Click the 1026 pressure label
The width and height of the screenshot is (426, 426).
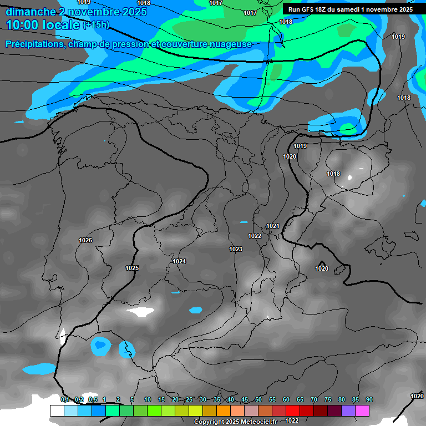pyautogui.click(x=85, y=240)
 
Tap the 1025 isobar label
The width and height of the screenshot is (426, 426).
pyautogui.click(x=132, y=268)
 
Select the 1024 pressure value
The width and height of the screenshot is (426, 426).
pyautogui.click(x=179, y=261)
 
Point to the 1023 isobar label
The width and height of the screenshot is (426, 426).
pyautogui.click(x=236, y=249)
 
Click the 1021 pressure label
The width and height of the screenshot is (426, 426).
pyautogui.click(x=272, y=226)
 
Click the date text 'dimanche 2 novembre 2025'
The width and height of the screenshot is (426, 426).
pyautogui.click(x=76, y=11)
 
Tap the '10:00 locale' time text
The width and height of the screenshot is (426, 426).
pyautogui.click(x=43, y=24)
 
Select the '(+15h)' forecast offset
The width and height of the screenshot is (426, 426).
pyautogui.click(x=96, y=25)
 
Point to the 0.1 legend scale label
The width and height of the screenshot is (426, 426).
pyautogui.click(x=65, y=399)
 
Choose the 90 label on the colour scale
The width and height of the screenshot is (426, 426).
pyautogui.click(x=369, y=399)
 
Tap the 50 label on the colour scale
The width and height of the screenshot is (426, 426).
pyautogui.click(x=258, y=399)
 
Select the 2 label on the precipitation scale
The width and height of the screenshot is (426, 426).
pyautogui.click(x=119, y=399)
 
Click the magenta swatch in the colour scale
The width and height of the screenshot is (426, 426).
pyautogui.click(x=362, y=410)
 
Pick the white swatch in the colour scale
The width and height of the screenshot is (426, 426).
pyautogui.click(x=57, y=410)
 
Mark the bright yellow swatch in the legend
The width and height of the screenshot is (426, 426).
pyautogui.click(x=196, y=410)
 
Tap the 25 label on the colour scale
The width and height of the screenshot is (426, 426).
pyautogui.click(x=189, y=399)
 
